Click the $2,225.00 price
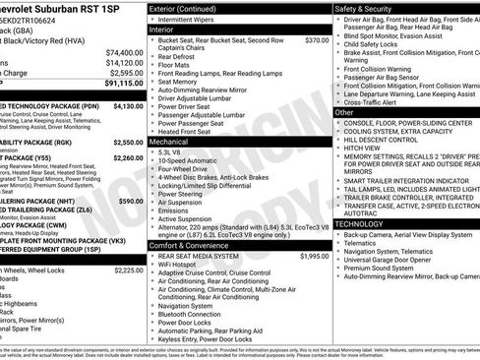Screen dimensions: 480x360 127,270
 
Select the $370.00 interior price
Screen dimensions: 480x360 317,40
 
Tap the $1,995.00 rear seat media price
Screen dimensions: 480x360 313,256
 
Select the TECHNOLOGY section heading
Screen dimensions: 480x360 359,223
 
